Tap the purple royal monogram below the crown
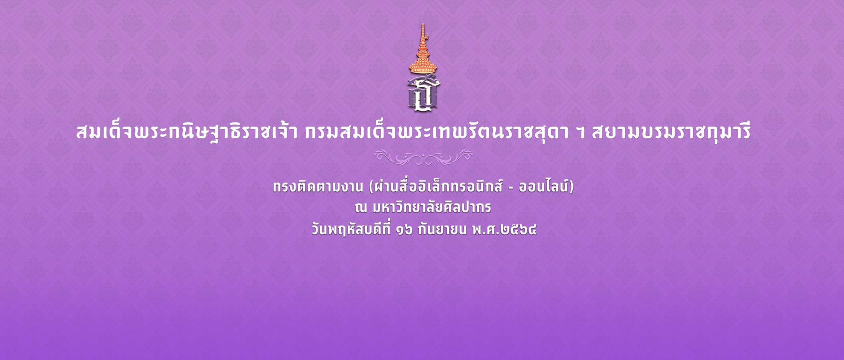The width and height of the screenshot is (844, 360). point(423,93)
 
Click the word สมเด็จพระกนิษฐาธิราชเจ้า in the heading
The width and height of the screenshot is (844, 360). point(187,132)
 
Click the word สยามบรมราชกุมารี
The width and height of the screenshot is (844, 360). point(671,132)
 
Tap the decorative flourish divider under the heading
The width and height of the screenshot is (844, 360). point(423,157)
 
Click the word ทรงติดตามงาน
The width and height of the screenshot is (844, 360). point(318,187)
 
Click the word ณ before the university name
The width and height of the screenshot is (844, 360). point(361,208)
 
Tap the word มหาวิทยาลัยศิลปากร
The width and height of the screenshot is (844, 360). point(431,207)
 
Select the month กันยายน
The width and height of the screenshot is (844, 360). point(442,230)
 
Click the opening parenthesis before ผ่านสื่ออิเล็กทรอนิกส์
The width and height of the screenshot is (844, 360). point(371,187)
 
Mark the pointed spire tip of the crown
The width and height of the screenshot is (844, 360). point(422,24)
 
